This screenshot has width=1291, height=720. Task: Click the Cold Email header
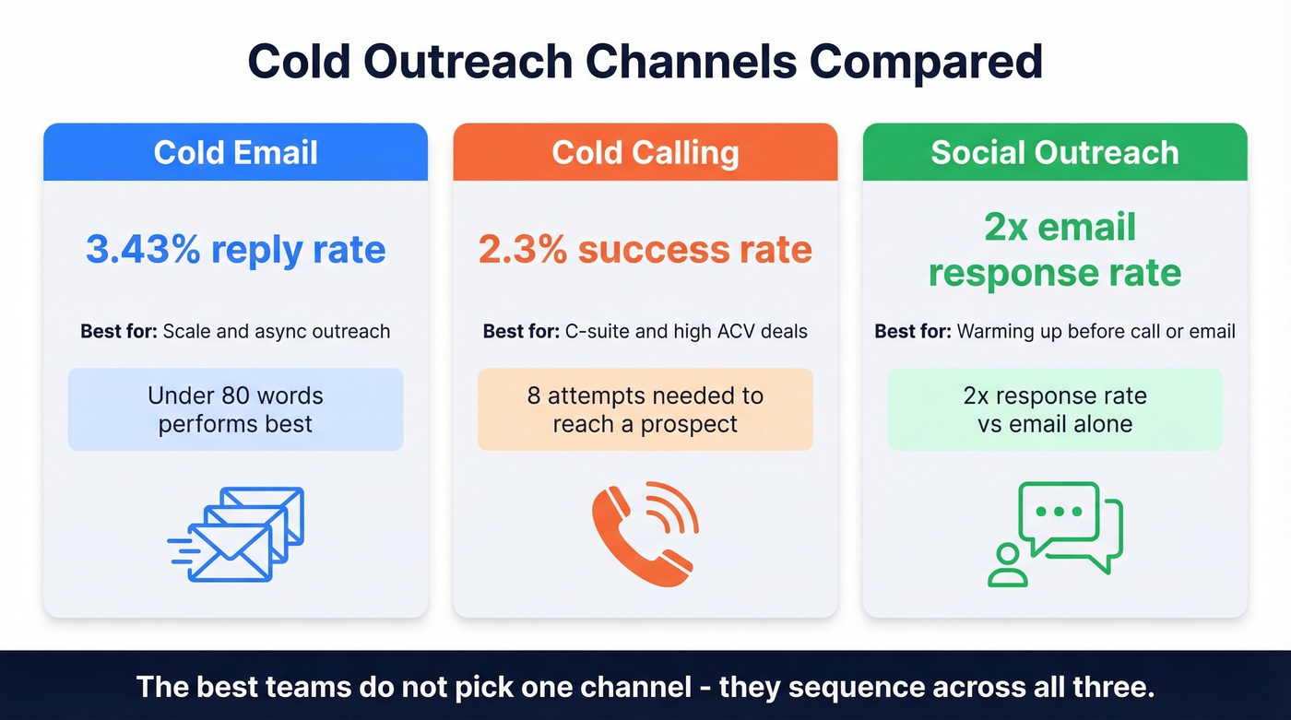235,152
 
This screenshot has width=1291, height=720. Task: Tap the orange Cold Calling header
645,152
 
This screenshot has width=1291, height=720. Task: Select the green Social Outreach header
1055,152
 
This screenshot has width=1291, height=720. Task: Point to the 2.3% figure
521,250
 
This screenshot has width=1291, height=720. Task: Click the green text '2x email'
1060,227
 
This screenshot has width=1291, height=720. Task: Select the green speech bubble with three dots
1059,513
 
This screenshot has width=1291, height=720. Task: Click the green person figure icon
1007,566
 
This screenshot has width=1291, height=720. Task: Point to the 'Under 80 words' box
235,409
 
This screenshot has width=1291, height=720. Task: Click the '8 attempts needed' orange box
645,409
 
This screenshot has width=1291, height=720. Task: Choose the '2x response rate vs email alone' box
1055,409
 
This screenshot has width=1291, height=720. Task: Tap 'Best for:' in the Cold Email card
119,331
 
